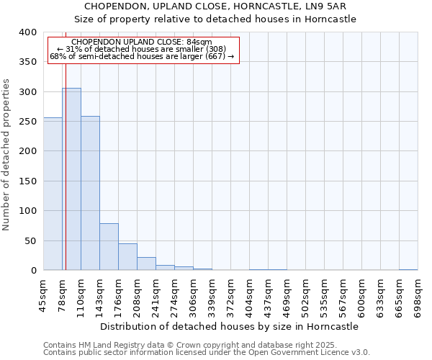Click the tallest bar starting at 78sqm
(71, 179)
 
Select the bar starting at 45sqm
(53, 194)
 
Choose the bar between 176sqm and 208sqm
(127, 257)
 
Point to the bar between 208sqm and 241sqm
(146, 264)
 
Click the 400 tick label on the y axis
(27, 32)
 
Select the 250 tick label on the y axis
(27, 122)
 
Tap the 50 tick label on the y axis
(30, 240)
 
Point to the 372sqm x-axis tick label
(230, 296)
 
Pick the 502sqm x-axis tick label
(305, 296)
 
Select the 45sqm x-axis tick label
(43, 296)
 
